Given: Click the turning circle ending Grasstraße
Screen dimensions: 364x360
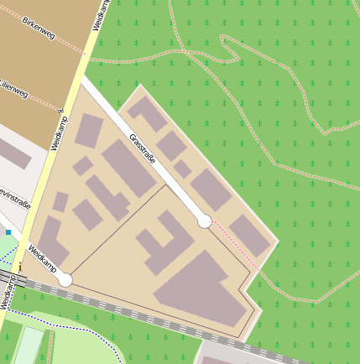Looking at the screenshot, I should (x=204, y=221).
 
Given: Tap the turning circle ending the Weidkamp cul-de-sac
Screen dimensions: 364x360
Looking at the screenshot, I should (x=65, y=279).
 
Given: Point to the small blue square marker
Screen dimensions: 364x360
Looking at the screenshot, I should (x=8, y=231).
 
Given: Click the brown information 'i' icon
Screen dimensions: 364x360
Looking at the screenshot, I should (x=19, y=267).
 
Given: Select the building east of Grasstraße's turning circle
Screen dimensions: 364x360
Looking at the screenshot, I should (x=249, y=235).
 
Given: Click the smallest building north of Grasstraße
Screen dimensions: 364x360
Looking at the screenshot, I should (x=182, y=169).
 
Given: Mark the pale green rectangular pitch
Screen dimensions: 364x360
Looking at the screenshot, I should (x=27, y=346).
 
